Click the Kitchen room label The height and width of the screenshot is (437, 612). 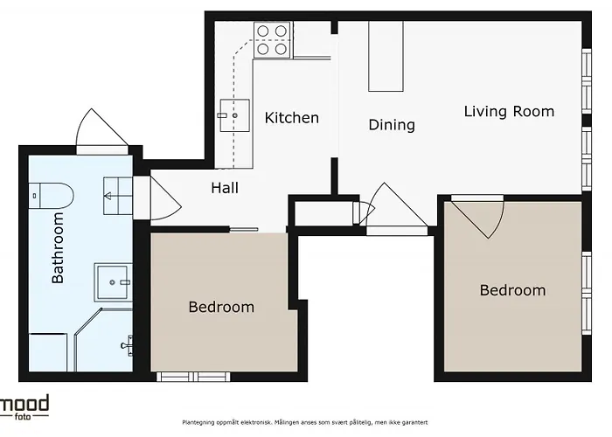pos(291,117)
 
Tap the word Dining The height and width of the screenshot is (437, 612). pos(392,125)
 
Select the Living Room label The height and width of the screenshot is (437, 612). pos(509,111)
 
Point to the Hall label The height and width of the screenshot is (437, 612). pos(225,188)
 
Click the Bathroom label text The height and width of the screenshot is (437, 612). pos(58,247)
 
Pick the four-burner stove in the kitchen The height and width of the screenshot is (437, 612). pos(272,40)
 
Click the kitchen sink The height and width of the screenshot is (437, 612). pos(234,115)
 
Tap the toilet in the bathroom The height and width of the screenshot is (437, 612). pos(51,196)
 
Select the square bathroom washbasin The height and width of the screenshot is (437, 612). pos(113,282)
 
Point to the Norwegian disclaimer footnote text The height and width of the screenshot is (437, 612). pos(305,422)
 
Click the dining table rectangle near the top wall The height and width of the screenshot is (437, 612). pos(386,56)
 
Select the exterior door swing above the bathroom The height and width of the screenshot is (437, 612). pos(102,127)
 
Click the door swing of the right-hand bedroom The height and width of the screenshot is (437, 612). pos(478,217)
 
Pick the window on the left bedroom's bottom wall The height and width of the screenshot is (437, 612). pos(193,377)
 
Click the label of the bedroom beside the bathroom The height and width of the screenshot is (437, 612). pos(221,307)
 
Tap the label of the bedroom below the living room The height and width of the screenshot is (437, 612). pos(512,290)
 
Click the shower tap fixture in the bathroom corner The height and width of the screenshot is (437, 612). pos(128,345)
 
